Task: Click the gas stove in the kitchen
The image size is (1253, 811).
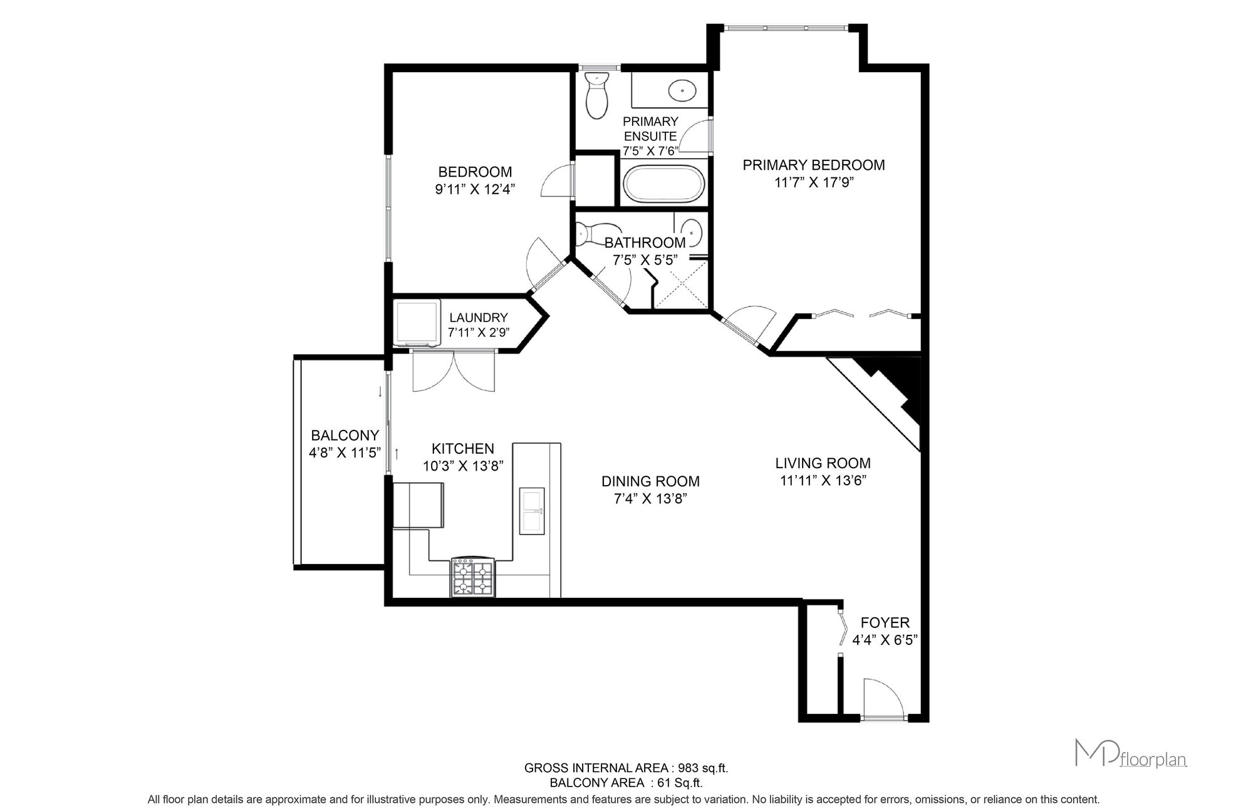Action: tap(472, 577)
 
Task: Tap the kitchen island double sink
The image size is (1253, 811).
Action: tap(532, 511)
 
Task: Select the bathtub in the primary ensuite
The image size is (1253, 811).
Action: tap(664, 184)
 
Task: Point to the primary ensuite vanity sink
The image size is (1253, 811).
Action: tap(682, 92)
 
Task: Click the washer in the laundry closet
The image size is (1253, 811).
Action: tap(417, 323)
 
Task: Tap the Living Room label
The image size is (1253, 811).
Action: tap(823, 463)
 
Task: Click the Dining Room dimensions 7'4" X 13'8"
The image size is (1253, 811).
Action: tap(650, 499)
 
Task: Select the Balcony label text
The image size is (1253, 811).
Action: tap(345, 435)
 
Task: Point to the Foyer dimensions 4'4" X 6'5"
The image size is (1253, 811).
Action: tap(885, 640)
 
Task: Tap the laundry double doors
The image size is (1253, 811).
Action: tap(454, 372)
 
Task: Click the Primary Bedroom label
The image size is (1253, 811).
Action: tap(814, 165)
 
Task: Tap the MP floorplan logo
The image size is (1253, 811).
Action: tap(1131, 753)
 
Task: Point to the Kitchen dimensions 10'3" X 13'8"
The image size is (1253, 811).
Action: tap(463, 466)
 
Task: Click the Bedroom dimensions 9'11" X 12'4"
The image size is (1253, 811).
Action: tap(475, 189)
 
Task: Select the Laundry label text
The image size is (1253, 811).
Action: tap(479, 318)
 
